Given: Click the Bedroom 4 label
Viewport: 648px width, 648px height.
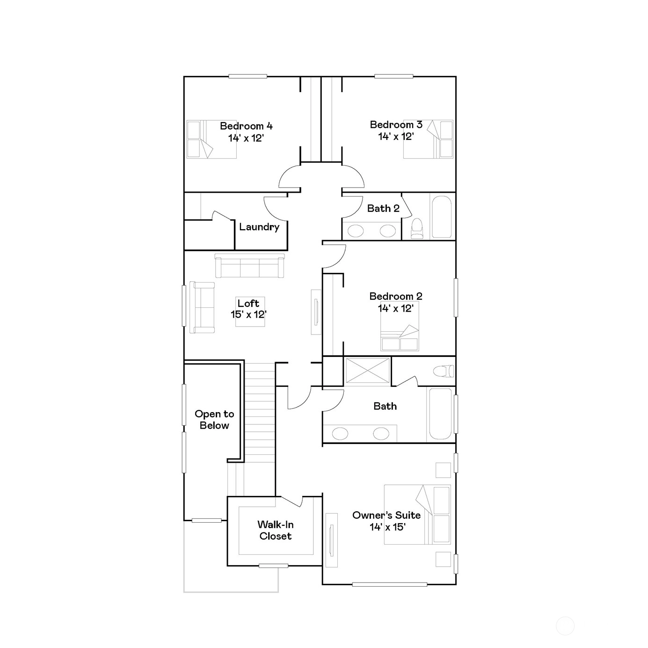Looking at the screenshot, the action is [246, 126].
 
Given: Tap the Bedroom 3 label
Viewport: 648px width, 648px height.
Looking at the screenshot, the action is [396, 125].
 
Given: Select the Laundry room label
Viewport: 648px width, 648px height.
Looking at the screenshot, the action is [259, 227].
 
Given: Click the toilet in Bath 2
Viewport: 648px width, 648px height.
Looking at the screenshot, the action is [417, 228].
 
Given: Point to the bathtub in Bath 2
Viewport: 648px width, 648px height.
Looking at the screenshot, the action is [442, 217].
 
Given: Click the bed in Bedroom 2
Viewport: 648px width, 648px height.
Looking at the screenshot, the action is [400, 326].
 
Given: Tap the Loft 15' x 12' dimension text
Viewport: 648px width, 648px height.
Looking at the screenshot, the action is [248, 314].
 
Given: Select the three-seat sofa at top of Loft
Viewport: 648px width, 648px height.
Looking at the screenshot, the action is [249, 266].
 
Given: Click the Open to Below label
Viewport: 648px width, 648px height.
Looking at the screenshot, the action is [214, 419].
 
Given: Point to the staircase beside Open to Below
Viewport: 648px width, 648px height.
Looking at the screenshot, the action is [260, 413].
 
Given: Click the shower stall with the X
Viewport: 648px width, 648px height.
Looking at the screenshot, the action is [368, 371].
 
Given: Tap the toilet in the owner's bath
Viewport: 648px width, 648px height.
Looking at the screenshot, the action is [444, 371].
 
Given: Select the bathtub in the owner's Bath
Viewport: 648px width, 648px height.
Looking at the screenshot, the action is [441, 414].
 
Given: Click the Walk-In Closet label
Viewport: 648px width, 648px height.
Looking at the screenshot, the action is [276, 530].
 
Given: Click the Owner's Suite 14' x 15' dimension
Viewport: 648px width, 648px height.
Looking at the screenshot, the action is [388, 527].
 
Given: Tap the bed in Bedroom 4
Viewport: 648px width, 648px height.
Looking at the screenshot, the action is [211, 139].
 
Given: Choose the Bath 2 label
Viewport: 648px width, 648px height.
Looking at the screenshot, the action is [383, 209].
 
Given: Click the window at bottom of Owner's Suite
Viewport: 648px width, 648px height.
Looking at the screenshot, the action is [389, 584].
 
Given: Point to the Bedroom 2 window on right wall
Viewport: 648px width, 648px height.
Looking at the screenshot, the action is [456, 298].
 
